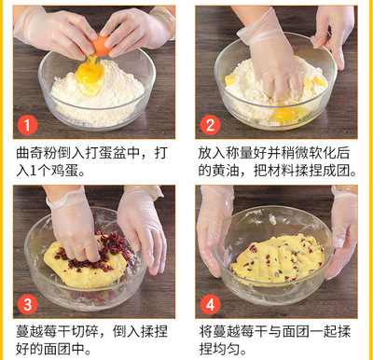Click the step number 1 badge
tap(27, 125)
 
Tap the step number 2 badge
tap(210, 125)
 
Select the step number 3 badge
tap(27, 305)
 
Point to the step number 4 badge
tap(210, 305)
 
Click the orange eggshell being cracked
tap(100, 45)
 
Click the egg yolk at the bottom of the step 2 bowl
tap(284, 114)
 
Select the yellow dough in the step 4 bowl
tap(278, 259)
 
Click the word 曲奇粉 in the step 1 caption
tap(36, 154)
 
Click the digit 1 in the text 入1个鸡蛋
tap(34, 171)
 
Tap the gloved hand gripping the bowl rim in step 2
tap(333, 35)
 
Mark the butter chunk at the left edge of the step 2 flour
tap(230, 80)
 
